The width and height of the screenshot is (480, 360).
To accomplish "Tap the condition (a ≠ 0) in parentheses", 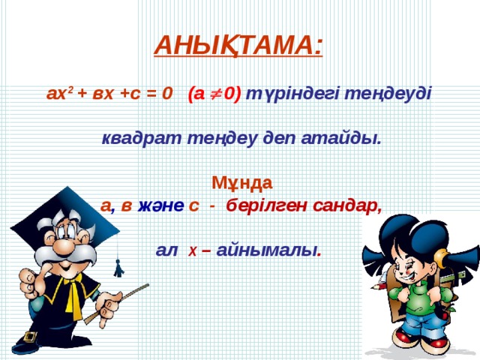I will coord(214,94).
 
